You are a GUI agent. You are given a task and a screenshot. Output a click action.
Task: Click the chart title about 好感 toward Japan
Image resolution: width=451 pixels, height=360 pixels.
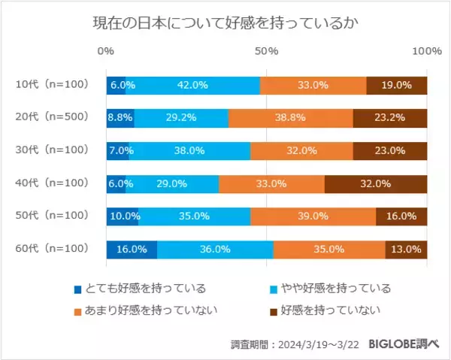pos(225,23)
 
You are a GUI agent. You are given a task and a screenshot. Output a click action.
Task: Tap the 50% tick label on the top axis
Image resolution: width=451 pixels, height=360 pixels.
pos(267,51)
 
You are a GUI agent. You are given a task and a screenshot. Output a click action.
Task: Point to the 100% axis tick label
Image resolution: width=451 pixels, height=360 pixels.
pos(428,51)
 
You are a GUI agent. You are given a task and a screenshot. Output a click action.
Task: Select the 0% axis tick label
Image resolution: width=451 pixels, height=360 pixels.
pos(106,51)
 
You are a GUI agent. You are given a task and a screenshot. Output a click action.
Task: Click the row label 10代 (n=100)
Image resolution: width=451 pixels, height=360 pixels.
pos(52,85)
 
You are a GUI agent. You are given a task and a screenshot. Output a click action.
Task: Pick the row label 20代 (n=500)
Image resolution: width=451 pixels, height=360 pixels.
pos(52,117)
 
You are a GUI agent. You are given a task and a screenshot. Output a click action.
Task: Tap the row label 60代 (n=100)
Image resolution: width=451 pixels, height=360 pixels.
pos(52,248)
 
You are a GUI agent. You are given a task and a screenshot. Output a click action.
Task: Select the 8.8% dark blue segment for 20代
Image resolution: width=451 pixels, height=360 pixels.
pos(120,117)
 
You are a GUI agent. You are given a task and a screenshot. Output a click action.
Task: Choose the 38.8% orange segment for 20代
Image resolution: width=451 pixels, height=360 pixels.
pos(290,117)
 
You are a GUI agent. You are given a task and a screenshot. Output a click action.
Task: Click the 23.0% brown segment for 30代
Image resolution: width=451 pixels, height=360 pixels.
pos(390,150)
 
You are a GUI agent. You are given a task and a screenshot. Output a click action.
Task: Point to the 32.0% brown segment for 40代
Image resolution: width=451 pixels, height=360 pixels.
pos(376,183)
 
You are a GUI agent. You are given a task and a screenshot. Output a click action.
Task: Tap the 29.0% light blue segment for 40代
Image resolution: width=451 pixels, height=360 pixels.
pos(172,183)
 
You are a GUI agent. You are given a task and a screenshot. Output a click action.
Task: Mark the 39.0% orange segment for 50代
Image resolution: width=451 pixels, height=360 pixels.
pos(313,216)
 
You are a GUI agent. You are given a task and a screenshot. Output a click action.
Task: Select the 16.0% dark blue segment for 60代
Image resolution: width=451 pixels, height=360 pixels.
pos(132,249)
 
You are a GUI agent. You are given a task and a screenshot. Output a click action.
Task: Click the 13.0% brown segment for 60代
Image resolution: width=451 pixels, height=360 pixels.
pos(406,249)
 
